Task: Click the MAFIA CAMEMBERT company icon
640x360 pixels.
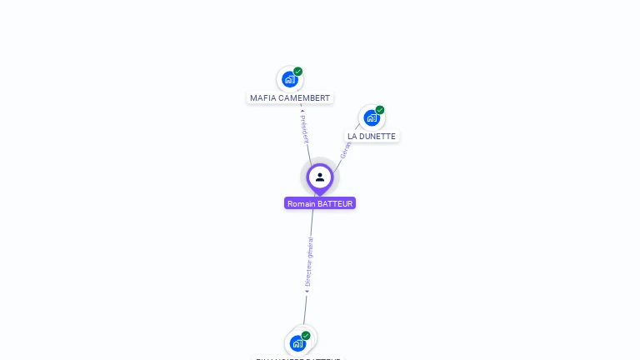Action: [289, 80]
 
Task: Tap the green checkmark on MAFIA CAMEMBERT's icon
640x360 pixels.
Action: [297, 72]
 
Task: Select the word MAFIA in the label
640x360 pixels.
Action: [263, 98]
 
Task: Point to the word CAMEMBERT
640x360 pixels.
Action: [304, 98]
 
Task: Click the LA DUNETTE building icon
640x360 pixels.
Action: [371, 117]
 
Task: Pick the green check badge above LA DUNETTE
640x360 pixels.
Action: [380, 110]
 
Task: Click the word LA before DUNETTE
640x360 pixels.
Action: [352, 136]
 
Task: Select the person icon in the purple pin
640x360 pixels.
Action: [320, 177]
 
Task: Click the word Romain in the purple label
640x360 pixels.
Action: [301, 203]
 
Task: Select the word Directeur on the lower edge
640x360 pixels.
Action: [308, 273]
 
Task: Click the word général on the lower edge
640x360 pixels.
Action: [311, 247]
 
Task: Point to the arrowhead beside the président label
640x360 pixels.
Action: [302, 107]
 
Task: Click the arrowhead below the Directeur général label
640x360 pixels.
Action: [307, 291]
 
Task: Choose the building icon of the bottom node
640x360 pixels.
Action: [297, 342]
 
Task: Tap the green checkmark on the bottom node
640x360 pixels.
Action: [306, 335]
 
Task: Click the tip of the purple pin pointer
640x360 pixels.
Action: [319, 196]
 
